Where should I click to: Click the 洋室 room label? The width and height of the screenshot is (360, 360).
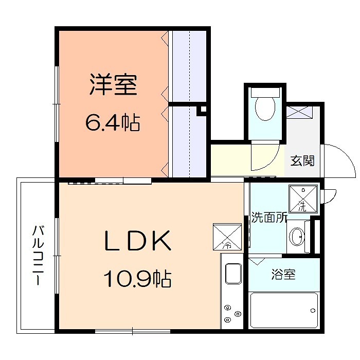pos(113,85)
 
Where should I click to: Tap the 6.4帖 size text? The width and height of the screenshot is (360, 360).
pos(113,123)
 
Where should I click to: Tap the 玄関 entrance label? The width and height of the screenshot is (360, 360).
pos(302,160)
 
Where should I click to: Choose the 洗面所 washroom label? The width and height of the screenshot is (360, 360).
pos(268,218)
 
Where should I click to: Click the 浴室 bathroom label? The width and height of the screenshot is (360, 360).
pos(283,275)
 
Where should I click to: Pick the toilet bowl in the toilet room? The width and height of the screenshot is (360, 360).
pos(265,109)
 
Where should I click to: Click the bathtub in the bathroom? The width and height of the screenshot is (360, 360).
pos(284,310)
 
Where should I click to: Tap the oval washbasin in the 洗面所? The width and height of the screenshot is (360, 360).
pos(297,238)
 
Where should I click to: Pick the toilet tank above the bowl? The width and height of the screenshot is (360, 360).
pos(265,93)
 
